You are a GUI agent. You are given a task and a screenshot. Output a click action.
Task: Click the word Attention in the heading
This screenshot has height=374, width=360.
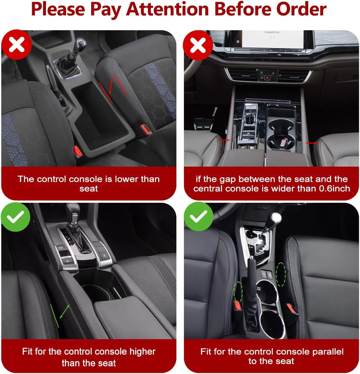[167, 9]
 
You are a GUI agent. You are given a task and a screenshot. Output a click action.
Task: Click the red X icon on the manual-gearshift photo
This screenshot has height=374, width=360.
[17, 44]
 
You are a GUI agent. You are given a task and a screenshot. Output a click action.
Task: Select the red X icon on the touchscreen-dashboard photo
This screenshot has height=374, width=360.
[198, 45]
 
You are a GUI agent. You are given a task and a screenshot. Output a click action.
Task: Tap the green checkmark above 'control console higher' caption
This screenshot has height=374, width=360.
[16, 217]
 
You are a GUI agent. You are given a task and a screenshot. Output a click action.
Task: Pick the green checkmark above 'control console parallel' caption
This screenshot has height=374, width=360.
[199, 217]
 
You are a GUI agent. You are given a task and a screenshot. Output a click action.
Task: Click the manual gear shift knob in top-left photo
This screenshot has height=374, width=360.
[81, 44]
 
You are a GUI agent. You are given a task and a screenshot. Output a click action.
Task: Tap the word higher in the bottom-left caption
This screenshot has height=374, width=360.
[142, 352]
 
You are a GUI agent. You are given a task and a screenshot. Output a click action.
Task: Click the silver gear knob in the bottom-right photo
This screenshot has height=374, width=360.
[276, 218]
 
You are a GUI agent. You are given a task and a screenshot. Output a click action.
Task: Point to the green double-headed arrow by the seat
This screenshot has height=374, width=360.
[64, 311]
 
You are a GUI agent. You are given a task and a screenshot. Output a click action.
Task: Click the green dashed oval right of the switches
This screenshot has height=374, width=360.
[281, 274]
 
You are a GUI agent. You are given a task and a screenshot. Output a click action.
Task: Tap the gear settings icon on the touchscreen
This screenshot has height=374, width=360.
[238, 41]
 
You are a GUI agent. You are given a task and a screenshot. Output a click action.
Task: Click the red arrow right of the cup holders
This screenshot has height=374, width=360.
[311, 143]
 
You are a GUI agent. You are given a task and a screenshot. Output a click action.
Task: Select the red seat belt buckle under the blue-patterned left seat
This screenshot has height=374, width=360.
[78, 151]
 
